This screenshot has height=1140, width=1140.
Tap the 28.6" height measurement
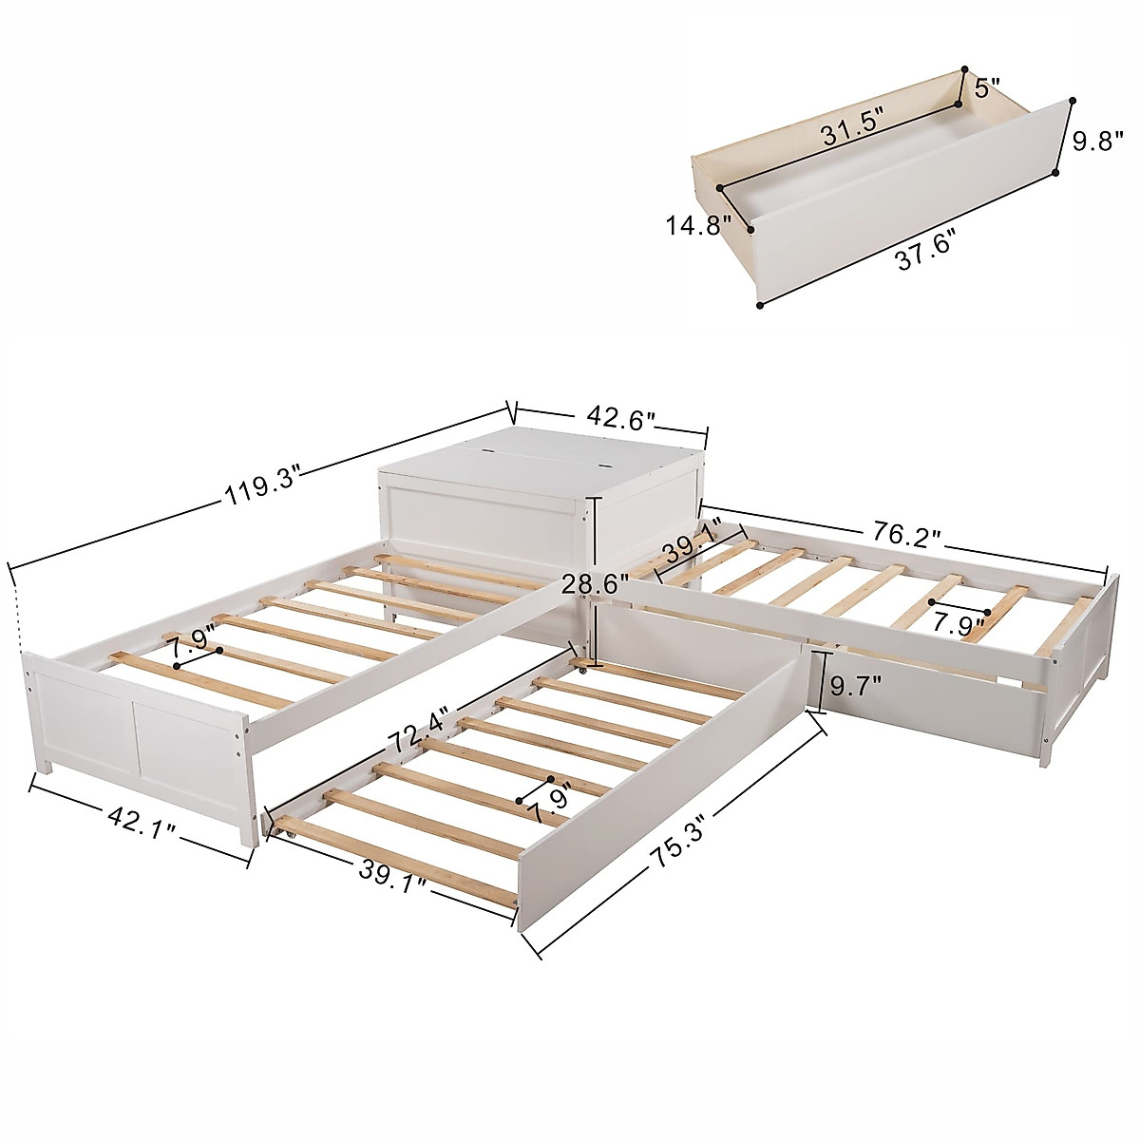(595, 583)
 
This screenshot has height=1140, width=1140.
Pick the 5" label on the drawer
(987, 91)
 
